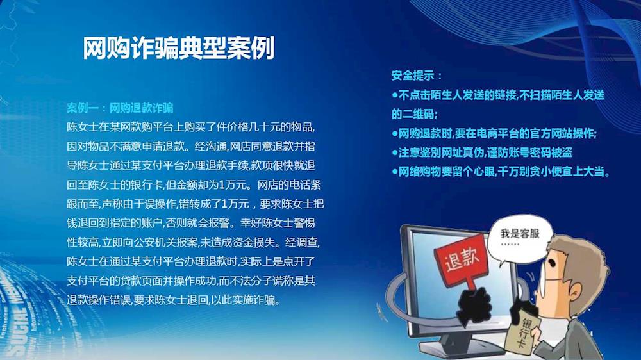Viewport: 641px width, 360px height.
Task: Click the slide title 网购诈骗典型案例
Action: pos(179,48)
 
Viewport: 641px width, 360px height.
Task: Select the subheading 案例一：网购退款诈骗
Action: pos(121,108)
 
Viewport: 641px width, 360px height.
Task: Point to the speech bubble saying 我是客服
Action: pos(520,239)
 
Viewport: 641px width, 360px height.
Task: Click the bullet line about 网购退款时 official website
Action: pos(494,134)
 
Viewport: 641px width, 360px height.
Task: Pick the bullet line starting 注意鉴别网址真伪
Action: pos(482,152)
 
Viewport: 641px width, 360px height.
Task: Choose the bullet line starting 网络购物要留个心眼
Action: pos(501,171)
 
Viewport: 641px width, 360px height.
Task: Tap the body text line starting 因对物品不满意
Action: pos(191,146)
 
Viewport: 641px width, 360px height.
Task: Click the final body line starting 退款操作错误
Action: pos(174,300)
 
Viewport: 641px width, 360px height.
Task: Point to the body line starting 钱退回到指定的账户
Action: pos(191,223)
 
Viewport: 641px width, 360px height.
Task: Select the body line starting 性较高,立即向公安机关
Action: pos(193,242)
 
